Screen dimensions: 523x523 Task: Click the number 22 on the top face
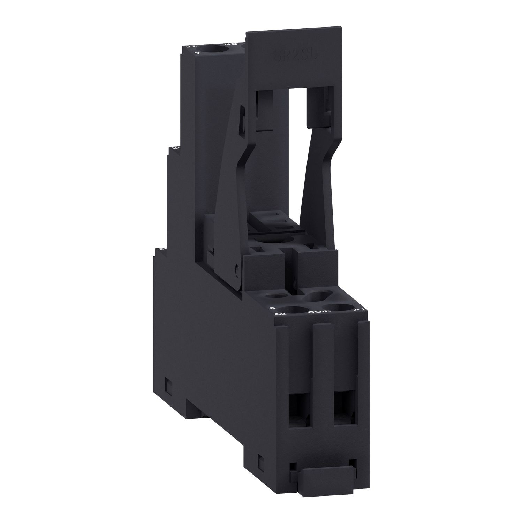click(190, 46)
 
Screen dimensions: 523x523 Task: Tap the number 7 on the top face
click(198, 53)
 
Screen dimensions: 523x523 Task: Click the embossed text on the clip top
click(295, 55)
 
